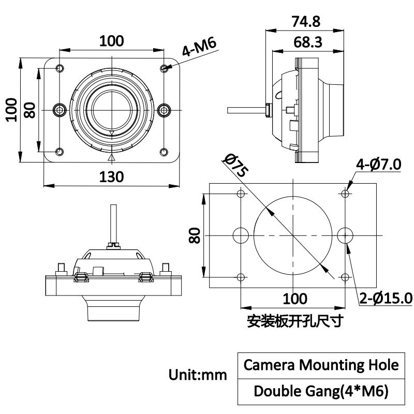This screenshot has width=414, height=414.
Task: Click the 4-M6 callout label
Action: pyautogui.click(x=199, y=48)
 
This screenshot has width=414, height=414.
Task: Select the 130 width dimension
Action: pyautogui.click(x=112, y=176)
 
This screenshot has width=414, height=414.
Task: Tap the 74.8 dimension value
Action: pyautogui.click(x=306, y=22)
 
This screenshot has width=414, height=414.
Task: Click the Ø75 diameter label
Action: pyautogui.click(x=234, y=166)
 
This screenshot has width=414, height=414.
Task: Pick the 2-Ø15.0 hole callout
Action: pyautogui.click(x=386, y=298)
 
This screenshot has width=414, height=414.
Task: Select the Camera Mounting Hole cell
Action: pyautogui.click(x=321, y=365)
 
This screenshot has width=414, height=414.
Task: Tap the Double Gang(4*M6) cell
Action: pyautogui.click(x=321, y=391)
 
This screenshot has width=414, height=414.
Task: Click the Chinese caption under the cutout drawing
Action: pyautogui.click(x=295, y=321)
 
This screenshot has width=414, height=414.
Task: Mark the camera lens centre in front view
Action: pyautogui.click(x=112, y=109)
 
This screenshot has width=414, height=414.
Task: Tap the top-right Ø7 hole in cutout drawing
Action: pyautogui.click(x=346, y=193)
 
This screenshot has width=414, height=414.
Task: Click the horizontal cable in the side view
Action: pyautogui.click(x=246, y=110)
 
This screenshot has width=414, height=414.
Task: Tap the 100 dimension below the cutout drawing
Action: pyautogui.click(x=295, y=299)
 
